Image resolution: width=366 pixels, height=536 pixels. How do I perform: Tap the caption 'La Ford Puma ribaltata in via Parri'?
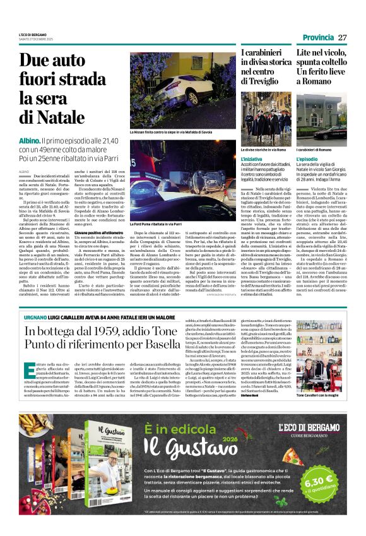coord(155,223)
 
